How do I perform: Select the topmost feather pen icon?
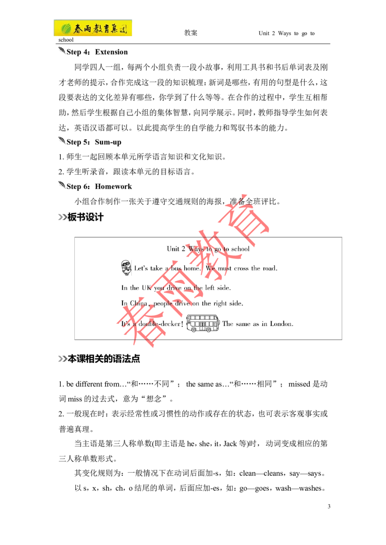click(x=63, y=52)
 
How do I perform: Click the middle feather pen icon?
click(x=63, y=141)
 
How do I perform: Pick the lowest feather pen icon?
click(x=63, y=185)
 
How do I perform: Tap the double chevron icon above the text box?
click(x=63, y=218)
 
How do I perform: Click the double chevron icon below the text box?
click(x=63, y=359)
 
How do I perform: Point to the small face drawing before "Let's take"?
click(x=126, y=266)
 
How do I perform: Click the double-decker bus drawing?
click(x=203, y=324)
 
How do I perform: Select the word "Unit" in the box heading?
click(x=173, y=249)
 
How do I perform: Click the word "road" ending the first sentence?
click(x=270, y=269)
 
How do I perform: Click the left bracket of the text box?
click(x=75, y=289)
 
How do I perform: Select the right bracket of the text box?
click(x=341, y=289)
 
